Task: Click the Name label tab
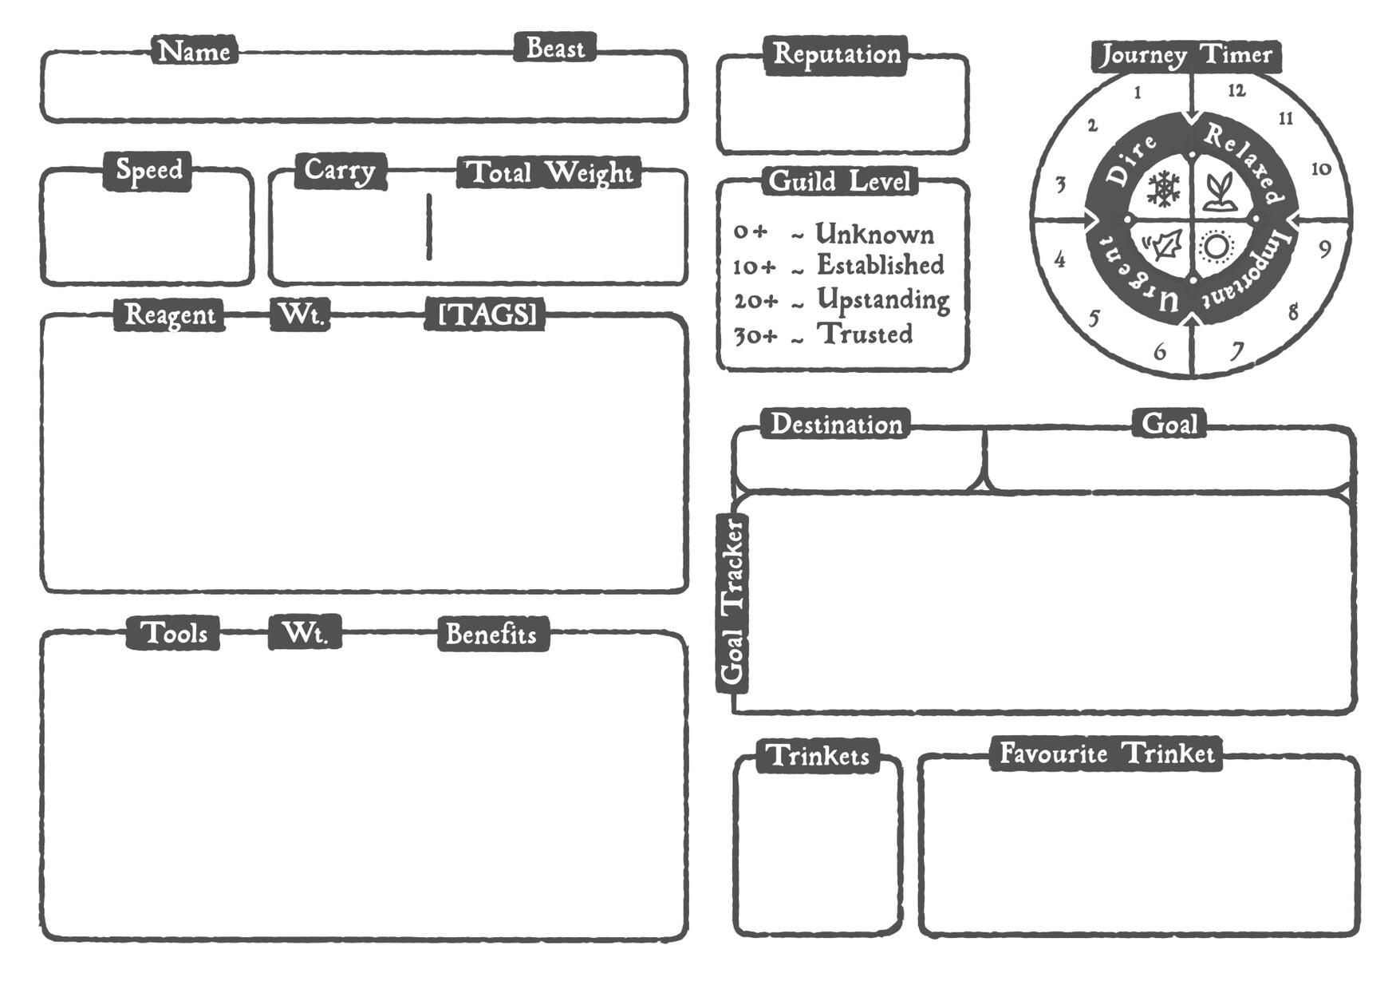pos(194,50)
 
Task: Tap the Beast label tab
pos(554,48)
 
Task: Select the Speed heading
pos(148,170)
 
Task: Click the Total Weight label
pos(549,172)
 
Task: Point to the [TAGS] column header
pos(487,314)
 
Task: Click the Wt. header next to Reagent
pos(300,314)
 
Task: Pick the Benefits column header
pos(491,634)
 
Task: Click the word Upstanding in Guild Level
pos(883,299)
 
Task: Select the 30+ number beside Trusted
pos(755,335)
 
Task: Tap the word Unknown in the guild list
pos(874,235)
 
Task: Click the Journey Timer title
pos(1186,55)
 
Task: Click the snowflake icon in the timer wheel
pos(1163,189)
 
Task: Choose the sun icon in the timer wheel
pos(1217,247)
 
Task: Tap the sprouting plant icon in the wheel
pos(1217,192)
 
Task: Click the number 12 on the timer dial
pos(1236,90)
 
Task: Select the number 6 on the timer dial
pos(1160,351)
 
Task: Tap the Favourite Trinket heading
pos(1106,754)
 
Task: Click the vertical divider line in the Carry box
pos(429,227)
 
